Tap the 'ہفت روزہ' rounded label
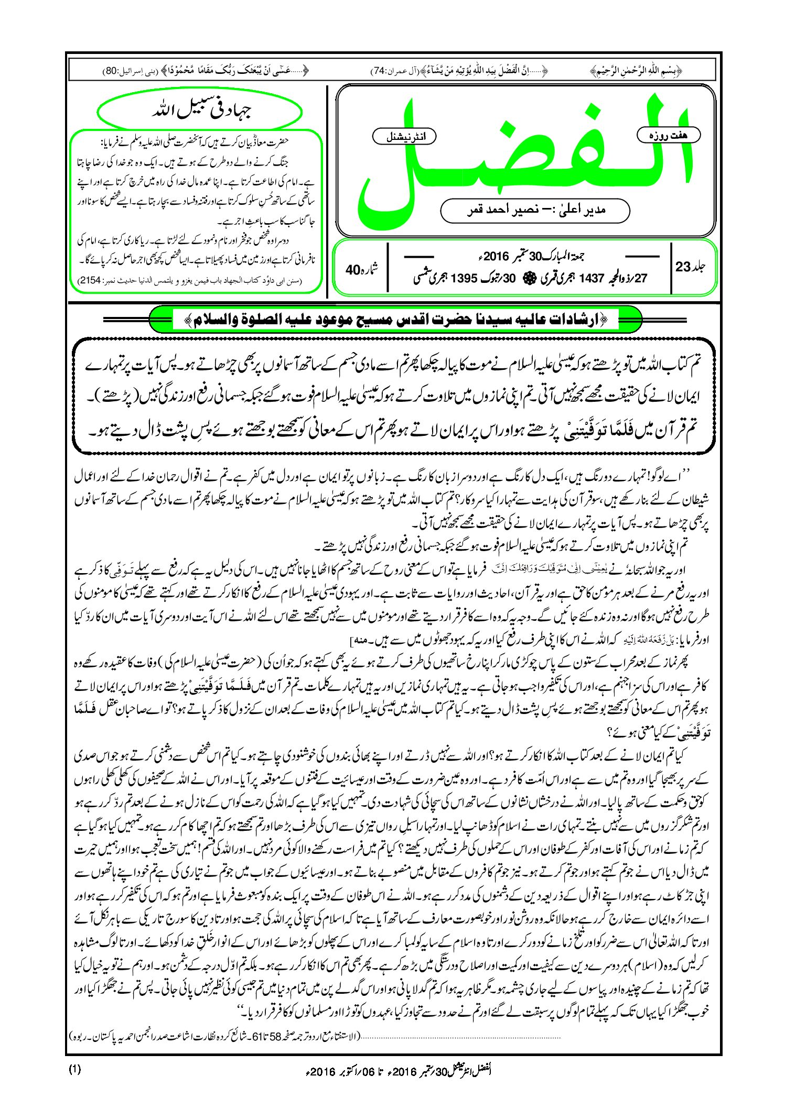click(669, 136)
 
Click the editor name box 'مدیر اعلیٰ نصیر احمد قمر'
click(535, 210)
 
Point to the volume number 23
click(683, 267)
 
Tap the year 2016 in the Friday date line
click(496, 257)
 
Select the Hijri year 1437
click(592, 278)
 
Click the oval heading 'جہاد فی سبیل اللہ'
click(200, 112)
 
